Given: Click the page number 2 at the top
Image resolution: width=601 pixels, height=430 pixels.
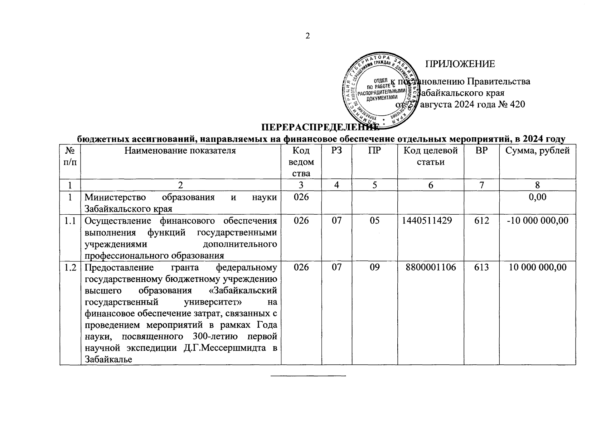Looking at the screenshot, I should [x=307, y=36].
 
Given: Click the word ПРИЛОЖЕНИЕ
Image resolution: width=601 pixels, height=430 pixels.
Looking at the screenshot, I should [x=460, y=64].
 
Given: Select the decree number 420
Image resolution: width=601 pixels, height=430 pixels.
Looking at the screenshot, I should [x=518, y=105].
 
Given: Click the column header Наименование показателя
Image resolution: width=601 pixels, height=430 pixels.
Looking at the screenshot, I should [x=180, y=151].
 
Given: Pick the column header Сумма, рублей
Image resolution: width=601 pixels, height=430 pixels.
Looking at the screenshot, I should [x=537, y=151].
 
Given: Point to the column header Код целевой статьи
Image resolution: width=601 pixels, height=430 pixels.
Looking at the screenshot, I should [x=431, y=156].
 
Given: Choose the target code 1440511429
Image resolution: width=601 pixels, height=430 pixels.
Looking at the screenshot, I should [x=431, y=221].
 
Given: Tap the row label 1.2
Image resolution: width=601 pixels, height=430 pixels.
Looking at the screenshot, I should [x=70, y=267].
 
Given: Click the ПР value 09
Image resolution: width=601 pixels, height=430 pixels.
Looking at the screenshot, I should [x=374, y=267].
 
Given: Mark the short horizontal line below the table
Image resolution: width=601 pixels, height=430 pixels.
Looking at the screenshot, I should [x=308, y=376].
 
